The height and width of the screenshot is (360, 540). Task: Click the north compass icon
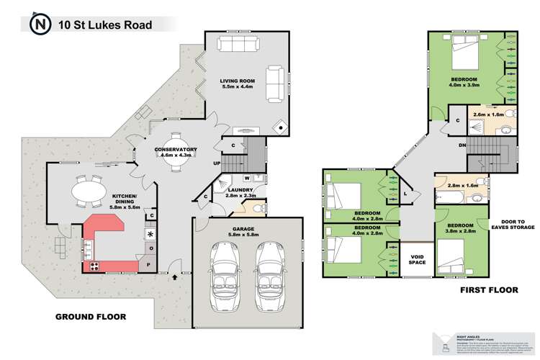(x=40, y=26)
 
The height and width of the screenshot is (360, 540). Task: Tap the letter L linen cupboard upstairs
(x=406, y=193)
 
